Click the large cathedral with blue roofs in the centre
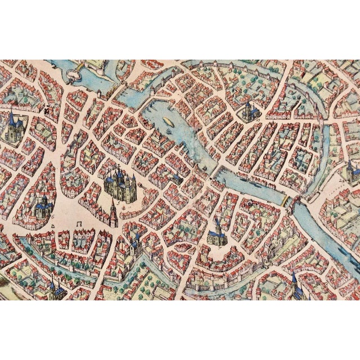tap(120, 183)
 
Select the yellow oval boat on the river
tap(167, 121)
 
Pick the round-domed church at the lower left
tap(42, 205)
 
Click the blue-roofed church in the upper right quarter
tap(247, 110)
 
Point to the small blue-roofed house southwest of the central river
tap(176, 179)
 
